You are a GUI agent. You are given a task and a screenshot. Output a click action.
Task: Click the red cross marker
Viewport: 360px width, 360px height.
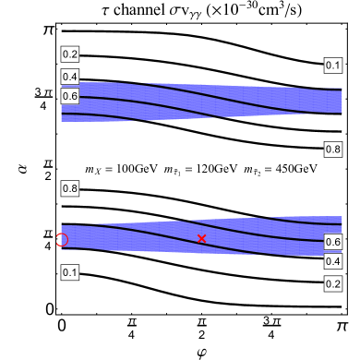202,239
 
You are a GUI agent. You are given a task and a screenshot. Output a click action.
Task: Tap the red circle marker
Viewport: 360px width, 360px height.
62,240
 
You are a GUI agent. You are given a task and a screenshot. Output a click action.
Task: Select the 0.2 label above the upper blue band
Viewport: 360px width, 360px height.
70,54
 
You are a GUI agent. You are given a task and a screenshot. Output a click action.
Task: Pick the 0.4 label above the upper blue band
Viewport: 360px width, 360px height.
70,77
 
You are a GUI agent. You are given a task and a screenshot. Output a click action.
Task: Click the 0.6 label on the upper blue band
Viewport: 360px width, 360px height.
70,96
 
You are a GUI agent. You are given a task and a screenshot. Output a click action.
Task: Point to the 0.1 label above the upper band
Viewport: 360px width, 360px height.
333,66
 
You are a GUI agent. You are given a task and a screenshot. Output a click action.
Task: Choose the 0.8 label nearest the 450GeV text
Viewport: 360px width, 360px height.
333,149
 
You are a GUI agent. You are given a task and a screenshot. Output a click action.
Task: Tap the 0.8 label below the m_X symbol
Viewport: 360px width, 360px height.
70,189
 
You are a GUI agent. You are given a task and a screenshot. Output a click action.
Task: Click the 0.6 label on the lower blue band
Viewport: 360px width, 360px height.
333,242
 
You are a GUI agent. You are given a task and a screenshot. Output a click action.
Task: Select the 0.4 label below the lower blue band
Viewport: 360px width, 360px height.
333,262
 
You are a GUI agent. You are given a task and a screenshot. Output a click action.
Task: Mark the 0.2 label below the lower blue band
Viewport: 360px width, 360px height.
333,284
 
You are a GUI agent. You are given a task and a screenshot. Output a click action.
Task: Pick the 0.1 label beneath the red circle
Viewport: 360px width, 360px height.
70,272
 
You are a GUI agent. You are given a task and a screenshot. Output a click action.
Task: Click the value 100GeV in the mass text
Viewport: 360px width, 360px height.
137,170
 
